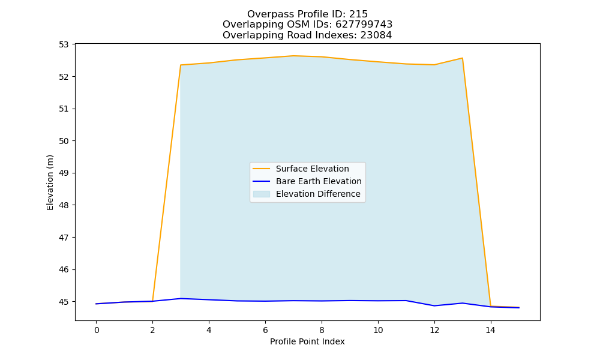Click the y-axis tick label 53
click(x=64, y=45)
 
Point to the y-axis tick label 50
click(x=64, y=141)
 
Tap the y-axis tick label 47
click(x=64, y=238)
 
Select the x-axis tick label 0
click(x=97, y=330)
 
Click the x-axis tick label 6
click(x=265, y=330)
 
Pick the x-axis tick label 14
click(x=491, y=330)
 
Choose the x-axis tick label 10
click(x=378, y=330)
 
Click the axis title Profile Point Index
click(x=307, y=341)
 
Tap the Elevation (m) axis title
click(x=50, y=182)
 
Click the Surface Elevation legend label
click(x=312, y=169)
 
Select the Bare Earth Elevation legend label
click(x=319, y=181)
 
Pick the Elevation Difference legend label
click(x=318, y=194)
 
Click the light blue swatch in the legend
click(x=262, y=194)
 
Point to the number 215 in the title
click(x=359, y=14)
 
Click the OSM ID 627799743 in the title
click(x=364, y=25)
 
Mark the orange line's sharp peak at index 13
click(x=462, y=58)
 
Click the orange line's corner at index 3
click(x=181, y=65)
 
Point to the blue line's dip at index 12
click(x=434, y=305)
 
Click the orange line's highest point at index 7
click(x=293, y=56)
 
